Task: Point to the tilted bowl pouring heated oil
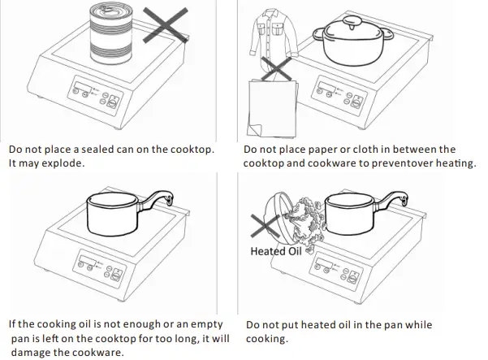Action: click(283, 210)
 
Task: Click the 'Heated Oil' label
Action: click(274, 251)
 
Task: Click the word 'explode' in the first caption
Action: click(63, 163)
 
